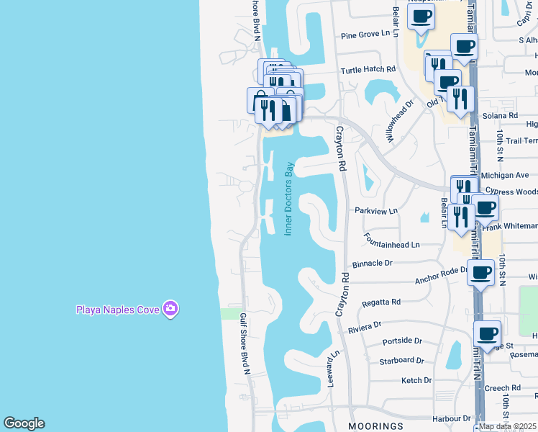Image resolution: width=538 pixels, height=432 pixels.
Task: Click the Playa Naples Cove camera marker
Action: click(170, 310)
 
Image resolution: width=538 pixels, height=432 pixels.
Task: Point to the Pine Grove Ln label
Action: click(369, 34)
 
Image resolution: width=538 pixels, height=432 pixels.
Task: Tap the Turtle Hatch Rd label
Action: click(368, 70)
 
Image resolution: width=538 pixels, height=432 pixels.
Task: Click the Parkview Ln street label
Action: click(375, 211)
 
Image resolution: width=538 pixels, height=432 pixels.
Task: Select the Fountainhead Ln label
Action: click(391, 245)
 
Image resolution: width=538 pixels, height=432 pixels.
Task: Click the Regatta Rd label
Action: click(381, 302)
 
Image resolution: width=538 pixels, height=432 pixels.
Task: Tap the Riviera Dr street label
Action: click(365, 326)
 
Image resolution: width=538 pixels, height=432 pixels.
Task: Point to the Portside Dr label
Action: click(401, 341)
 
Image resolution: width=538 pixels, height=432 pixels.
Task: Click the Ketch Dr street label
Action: click(416, 380)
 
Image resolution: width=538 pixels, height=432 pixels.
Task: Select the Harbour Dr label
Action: click(447, 418)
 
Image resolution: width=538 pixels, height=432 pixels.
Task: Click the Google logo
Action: click(24, 423)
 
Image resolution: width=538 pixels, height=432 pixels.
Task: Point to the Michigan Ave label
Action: click(506, 175)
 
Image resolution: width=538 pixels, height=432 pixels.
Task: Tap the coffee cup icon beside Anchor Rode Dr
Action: click(480, 274)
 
